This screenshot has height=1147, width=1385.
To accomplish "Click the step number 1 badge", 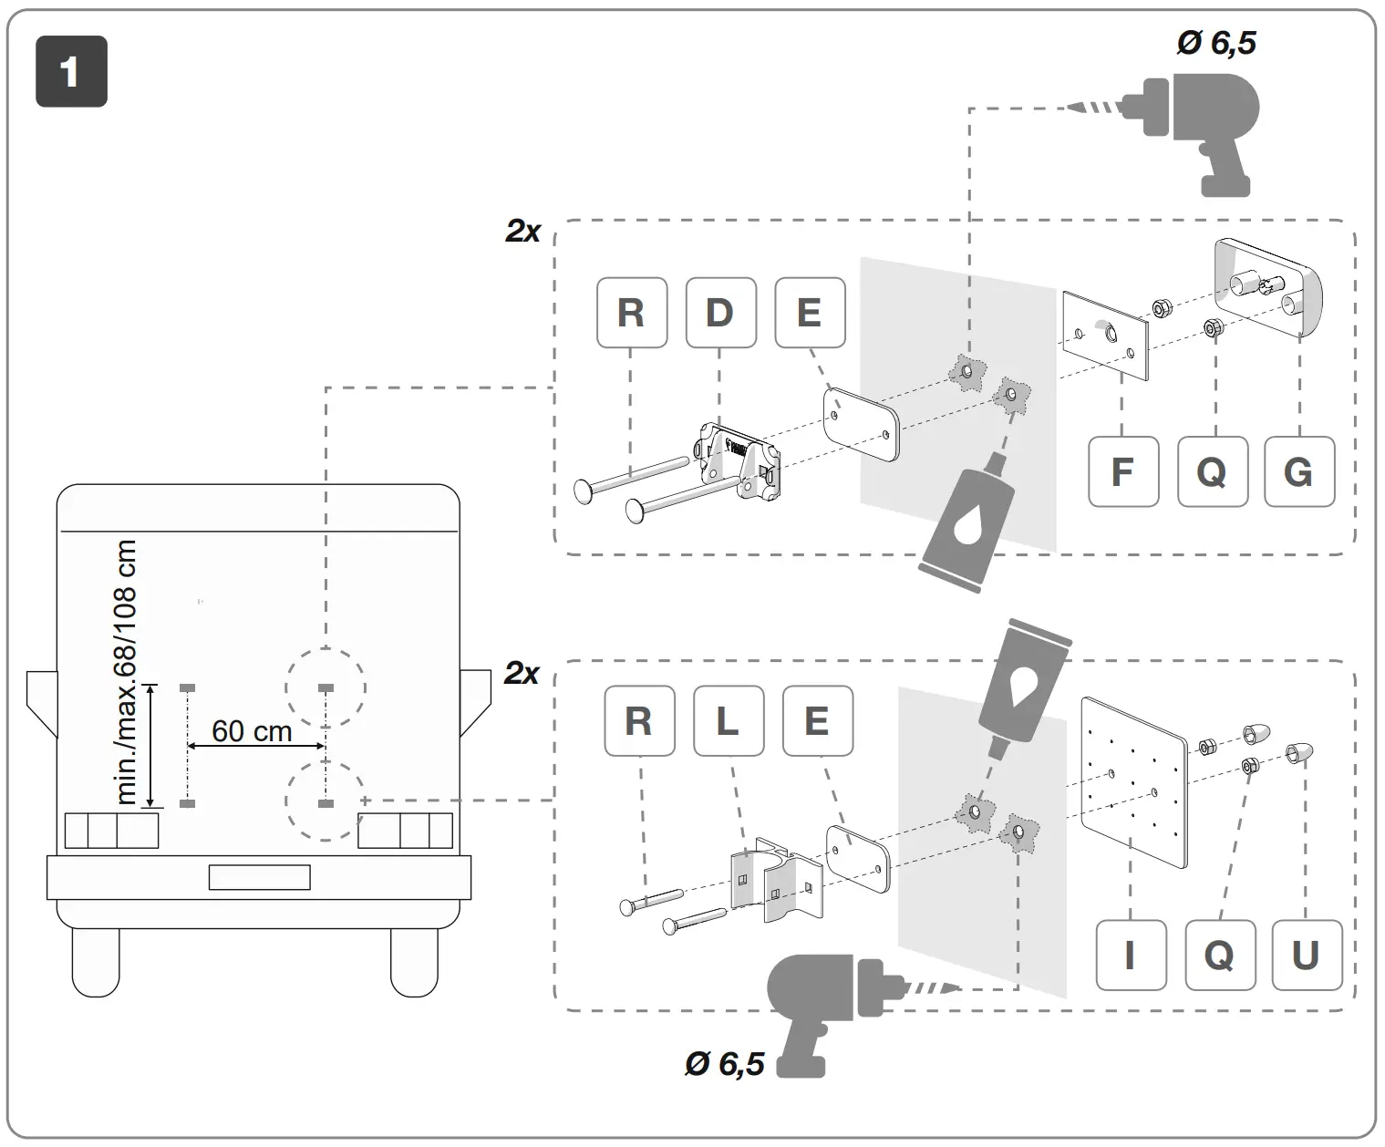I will [x=71, y=72].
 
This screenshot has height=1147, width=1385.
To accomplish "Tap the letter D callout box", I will [x=720, y=313].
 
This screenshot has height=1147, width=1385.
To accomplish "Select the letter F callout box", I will [x=1123, y=471].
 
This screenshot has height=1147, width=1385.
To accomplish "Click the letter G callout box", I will [x=1299, y=471].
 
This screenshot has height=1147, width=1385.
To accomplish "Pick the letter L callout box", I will [x=728, y=721].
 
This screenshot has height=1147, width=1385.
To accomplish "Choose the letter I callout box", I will [x=1131, y=955].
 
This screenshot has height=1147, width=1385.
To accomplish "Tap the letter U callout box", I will [x=1306, y=955].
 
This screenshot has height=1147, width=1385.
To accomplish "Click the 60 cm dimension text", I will [x=252, y=731].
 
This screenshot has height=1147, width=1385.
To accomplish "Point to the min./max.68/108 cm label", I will [x=127, y=672].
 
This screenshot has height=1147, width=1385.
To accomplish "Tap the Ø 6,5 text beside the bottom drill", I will [x=724, y=1063].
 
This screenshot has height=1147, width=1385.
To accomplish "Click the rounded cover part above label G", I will [x=1267, y=287].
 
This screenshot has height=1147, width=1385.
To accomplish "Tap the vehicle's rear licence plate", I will [x=260, y=877].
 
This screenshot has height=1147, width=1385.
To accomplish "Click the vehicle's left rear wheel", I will [x=96, y=962].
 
